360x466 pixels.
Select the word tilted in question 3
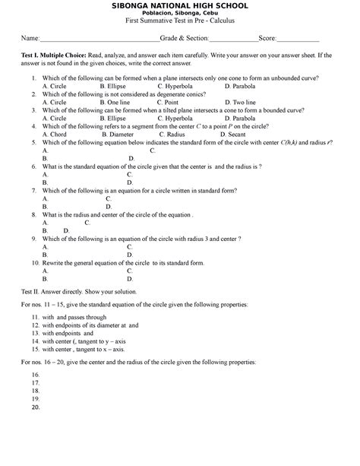pos(193,110)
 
